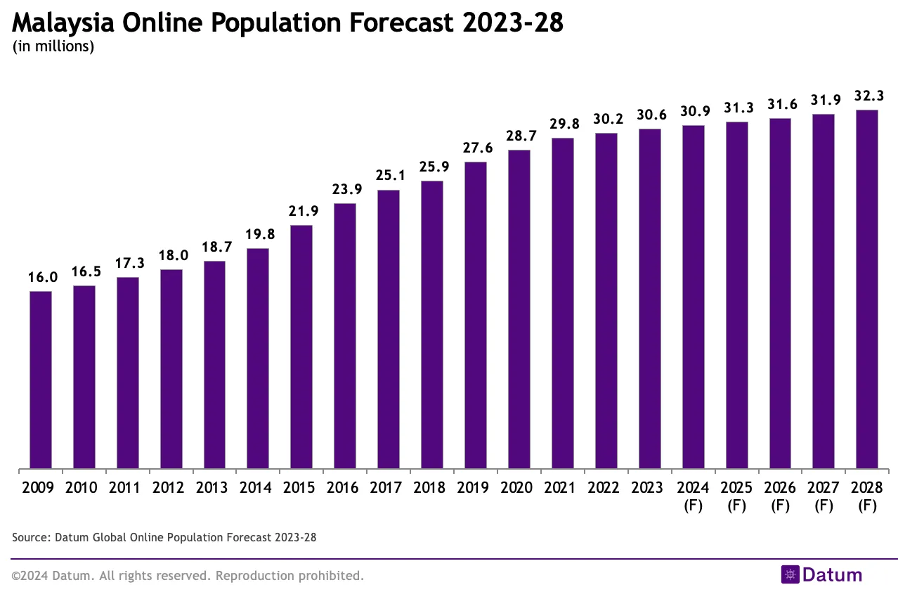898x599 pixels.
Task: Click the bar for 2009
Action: (x=41, y=380)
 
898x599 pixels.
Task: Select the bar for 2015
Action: (x=301, y=347)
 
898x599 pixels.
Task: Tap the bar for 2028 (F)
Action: (x=867, y=289)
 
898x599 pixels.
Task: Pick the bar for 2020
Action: (x=519, y=309)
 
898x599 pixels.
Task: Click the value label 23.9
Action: (x=344, y=189)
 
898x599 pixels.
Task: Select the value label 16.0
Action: (x=41, y=277)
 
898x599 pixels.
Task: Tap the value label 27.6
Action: (x=476, y=148)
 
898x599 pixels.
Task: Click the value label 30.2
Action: (x=606, y=119)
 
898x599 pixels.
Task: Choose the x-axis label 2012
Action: (x=171, y=488)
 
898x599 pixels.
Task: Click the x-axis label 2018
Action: (x=432, y=488)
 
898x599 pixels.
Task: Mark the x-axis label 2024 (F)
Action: (x=693, y=496)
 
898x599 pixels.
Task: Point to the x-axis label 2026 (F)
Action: (x=780, y=496)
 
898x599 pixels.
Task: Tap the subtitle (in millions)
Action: (x=53, y=48)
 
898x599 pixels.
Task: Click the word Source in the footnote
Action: (x=29, y=537)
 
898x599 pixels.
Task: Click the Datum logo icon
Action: (x=790, y=574)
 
